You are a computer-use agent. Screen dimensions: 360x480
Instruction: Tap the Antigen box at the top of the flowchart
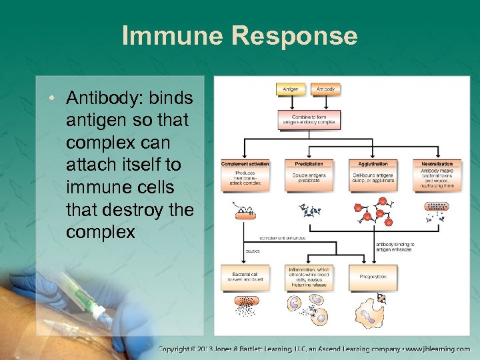pyautogui.click(x=291, y=89)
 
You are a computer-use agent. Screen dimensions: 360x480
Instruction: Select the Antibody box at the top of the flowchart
pyautogui.click(x=325, y=89)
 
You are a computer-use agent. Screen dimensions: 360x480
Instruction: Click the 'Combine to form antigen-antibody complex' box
pyautogui.click(x=309, y=120)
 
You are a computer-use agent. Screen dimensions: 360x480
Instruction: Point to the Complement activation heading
pyautogui.click(x=245, y=163)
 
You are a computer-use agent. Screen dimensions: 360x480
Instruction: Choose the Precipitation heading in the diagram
pyautogui.click(x=309, y=163)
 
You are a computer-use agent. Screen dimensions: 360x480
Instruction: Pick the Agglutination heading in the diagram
pyautogui.click(x=373, y=163)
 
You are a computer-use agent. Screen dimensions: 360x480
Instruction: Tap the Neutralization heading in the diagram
pyautogui.click(x=437, y=163)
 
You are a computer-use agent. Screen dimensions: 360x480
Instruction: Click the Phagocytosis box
pyautogui.click(x=373, y=276)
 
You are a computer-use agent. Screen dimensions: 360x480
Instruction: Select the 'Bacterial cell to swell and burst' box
pyautogui.click(x=245, y=277)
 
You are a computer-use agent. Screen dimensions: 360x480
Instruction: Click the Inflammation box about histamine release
pyautogui.click(x=309, y=277)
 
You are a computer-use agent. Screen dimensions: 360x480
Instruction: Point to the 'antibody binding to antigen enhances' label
pyautogui.click(x=394, y=247)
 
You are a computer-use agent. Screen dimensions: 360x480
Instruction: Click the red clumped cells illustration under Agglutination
pyautogui.click(x=373, y=210)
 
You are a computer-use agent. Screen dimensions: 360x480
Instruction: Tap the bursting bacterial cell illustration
pyautogui.click(x=245, y=305)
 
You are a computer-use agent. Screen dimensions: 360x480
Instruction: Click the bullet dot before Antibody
pyautogui.click(x=52, y=99)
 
